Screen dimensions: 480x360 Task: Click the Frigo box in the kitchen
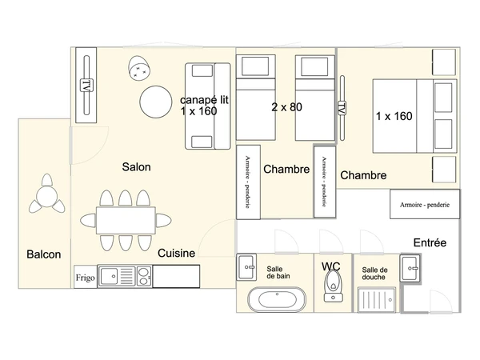point(85,277)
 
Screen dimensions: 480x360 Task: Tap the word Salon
point(136,167)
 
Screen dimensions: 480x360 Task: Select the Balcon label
point(44,254)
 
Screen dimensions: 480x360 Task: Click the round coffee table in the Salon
point(156,102)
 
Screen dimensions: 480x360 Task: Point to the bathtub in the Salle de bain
point(277,299)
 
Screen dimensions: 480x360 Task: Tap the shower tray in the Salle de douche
point(377,300)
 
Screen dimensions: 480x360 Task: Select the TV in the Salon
point(86,85)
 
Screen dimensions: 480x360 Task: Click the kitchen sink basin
point(109,277)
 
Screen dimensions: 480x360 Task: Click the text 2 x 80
point(287,107)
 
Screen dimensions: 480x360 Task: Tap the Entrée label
point(430,242)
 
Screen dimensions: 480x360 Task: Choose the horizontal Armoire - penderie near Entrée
point(425,204)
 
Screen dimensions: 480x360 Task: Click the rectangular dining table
point(126,221)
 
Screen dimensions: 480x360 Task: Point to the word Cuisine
point(176,253)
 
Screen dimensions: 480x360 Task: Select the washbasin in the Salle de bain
point(246,267)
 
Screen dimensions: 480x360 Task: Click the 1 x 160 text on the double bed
point(394,116)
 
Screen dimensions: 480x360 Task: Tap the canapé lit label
point(204,100)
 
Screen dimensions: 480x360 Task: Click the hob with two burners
point(143,277)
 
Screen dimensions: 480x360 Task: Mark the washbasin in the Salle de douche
point(410,269)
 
